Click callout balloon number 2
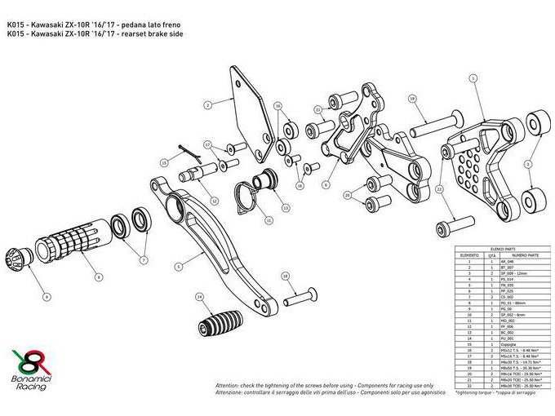click(x=207, y=104)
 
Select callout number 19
click(x=413, y=99)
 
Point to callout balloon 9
click(x=47, y=296)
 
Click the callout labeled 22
click(x=439, y=188)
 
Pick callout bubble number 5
click(x=178, y=266)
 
